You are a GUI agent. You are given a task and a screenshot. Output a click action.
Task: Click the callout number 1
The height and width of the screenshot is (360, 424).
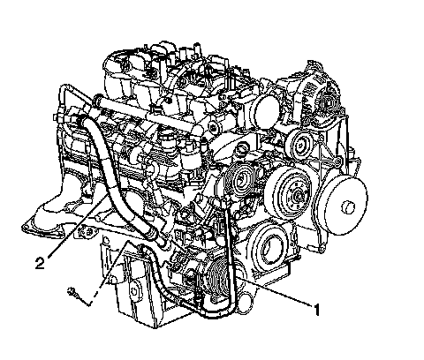[x=316, y=310]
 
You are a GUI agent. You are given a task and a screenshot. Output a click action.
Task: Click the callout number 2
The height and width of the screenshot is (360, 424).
[x=41, y=263]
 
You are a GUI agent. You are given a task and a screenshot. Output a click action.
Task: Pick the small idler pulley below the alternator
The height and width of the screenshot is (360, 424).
[x=299, y=145]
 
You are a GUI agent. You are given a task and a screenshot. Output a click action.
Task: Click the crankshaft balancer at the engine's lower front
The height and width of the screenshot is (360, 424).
[x=269, y=245]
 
